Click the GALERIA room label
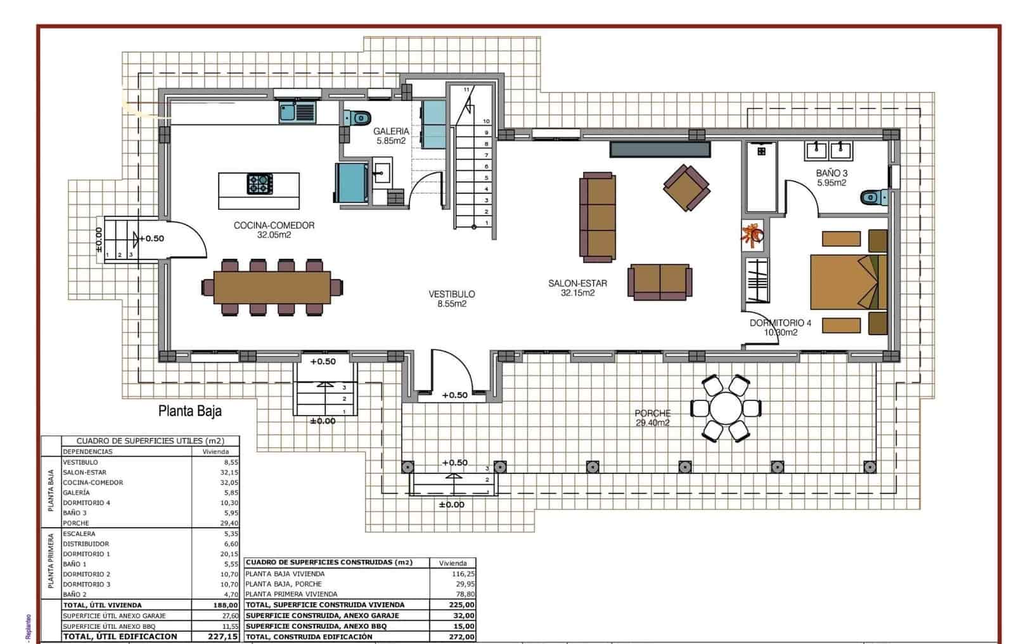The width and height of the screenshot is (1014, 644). click(391, 132)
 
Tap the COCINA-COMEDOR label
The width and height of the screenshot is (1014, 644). click(274, 226)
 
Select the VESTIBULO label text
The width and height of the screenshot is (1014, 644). click(451, 294)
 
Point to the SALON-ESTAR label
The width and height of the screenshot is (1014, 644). click(577, 284)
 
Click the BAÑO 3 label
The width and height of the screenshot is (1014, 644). click(831, 173)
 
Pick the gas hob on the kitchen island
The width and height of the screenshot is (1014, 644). click(260, 184)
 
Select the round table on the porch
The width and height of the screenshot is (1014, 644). click(726, 408)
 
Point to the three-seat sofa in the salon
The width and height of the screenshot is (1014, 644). click(598, 217)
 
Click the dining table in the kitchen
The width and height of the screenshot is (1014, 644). click(273, 287)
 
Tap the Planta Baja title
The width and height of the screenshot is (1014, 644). click(190, 411)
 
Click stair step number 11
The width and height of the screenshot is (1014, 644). click(467, 89)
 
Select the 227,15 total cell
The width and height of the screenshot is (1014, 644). click(223, 636)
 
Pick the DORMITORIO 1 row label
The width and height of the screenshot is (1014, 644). click(86, 554)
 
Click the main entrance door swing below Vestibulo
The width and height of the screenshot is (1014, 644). click(449, 371)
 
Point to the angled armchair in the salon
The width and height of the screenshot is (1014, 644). click(686, 187)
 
